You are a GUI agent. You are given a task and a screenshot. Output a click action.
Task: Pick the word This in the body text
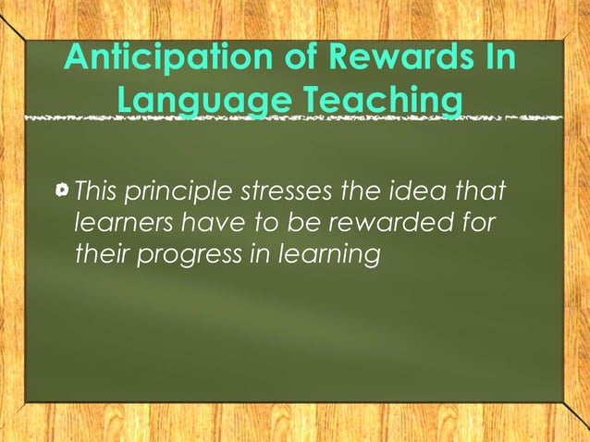click(97, 192)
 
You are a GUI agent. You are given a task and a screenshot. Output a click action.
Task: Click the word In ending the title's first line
click(495, 59)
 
